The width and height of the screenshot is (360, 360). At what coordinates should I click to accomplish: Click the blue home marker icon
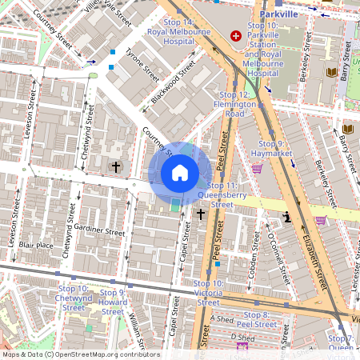180,173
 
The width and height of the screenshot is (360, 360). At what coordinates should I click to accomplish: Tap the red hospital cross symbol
236,36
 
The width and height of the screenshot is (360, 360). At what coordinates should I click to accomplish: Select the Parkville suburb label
278,14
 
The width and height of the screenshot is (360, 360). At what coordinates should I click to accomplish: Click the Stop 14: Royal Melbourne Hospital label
170,31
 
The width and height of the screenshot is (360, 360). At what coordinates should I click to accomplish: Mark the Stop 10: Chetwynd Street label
74,298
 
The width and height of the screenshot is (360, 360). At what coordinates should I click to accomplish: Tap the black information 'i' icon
286,217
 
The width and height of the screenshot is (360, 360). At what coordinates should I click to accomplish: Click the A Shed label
221,318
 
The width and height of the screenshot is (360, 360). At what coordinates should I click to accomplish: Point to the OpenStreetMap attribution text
81,354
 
